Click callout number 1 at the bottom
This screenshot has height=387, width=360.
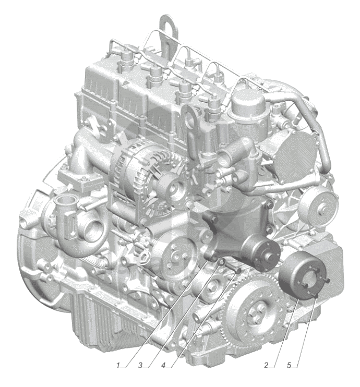click(x=118, y=365)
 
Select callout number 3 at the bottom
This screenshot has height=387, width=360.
click(x=140, y=365)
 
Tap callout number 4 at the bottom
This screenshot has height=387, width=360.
click(x=163, y=365)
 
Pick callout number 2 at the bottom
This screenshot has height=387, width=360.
click(x=266, y=365)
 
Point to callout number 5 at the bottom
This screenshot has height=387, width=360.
click(x=289, y=365)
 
